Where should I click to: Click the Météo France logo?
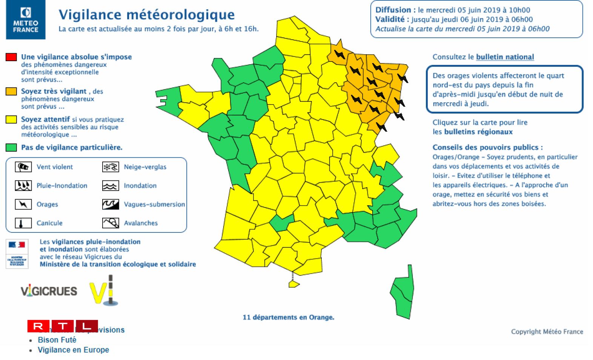tap(26, 20)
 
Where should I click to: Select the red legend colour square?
tap(11, 57)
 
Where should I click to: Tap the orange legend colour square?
tap(11, 91)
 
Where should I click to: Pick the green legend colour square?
tap(11, 148)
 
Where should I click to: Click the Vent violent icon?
tap(23, 167)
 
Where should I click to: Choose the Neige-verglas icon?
tap(111, 167)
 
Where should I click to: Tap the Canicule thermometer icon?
tap(23, 223)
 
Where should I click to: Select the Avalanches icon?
tap(111, 223)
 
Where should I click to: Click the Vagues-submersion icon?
tap(111, 204)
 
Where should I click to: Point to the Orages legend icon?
tap(23, 204)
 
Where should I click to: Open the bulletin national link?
tap(505, 57)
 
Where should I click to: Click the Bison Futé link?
tap(57, 340)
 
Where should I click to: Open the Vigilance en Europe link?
tap(73, 350)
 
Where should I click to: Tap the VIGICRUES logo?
tap(49, 291)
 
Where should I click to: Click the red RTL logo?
tap(63, 326)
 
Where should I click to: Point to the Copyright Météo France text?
tap(547, 332)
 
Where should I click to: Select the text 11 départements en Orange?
tap(288, 317)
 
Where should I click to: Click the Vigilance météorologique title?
tap(146, 14)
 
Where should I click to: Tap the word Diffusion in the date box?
tap(393, 10)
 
